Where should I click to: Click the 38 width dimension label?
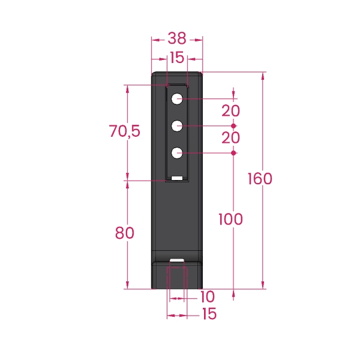(x=177, y=38)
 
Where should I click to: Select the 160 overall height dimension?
(x=260, y=179)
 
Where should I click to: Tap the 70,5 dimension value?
(x=124, y=131)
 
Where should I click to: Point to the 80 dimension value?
(x=124, y=233)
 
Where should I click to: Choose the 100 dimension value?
(x=230, y=219)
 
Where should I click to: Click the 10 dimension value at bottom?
(x=208, y=296)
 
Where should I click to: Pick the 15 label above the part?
(x=177, y=58)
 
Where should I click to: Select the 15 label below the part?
(x=209, y=314)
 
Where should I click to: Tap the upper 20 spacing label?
(x=230, y=111)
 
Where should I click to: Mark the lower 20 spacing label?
(x=230, y=138)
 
